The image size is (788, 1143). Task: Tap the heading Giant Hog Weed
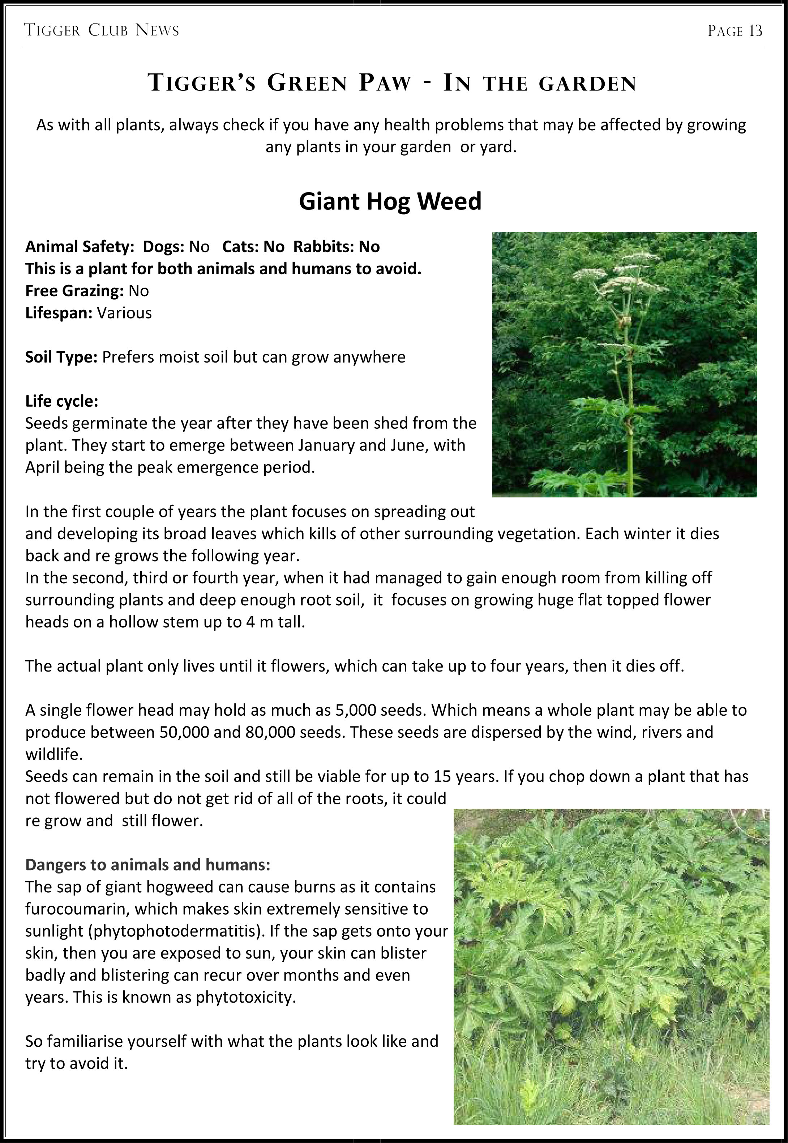pyautogui.click(x=390, y=201)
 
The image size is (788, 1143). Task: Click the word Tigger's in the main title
pyautogui.click(x=202, y=82)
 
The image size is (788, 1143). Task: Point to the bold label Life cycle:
pyautogui.click(x=62, y=401)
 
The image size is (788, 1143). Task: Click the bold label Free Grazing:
pyautogui.click(x=74, y=291)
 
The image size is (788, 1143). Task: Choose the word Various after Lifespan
pyautogui.click(x=124, y=313)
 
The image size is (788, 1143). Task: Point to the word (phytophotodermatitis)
pyautogui.click(x=176, y=931)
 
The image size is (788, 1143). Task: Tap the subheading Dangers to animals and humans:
pyautogui.click(x=147, y=865)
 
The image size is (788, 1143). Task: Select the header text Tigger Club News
pyautogui.click(x=102, y=31)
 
